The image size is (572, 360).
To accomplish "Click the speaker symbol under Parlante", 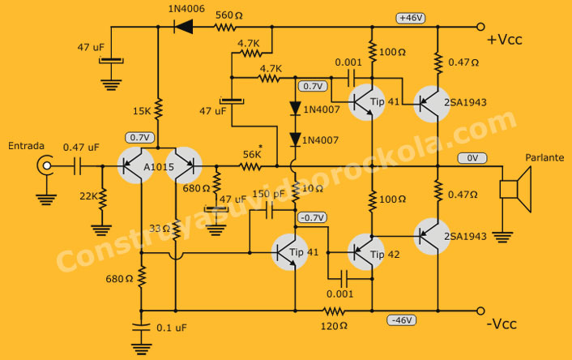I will click(514, 189).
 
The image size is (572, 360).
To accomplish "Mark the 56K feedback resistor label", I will click(253, 154).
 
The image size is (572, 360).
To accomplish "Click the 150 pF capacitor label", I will click(267, 194).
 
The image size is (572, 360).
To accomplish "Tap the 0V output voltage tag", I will click(470, 158).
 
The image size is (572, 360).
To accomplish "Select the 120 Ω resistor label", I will click(333, 326).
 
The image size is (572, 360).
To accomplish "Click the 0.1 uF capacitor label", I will click(170, 328).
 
